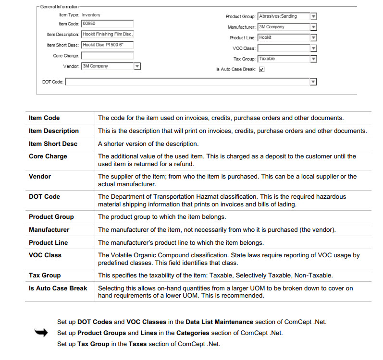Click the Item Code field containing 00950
(x=107, y=24)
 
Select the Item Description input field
(x=107, y=35)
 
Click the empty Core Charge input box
(x=107, y=56)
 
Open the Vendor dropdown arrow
(x=137, y=66)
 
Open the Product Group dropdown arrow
(x=313, y=16)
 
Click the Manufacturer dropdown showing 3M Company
(x=284, y=27)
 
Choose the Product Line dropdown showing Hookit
(x=284, y=37)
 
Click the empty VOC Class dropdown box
(x=284, y=48)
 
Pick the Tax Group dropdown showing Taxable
(x=284, y=59)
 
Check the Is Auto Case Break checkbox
(x=262, y=69)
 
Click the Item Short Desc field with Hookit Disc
(x=107, y=45)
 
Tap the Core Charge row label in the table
(x=48, y=156)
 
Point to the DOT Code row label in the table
(x=45, y=197)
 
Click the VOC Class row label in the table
(x=45, y=255)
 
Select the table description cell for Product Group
(x=162, y=217)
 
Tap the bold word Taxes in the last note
(x=137, y=344)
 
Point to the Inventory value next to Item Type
(x=91, y=15)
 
